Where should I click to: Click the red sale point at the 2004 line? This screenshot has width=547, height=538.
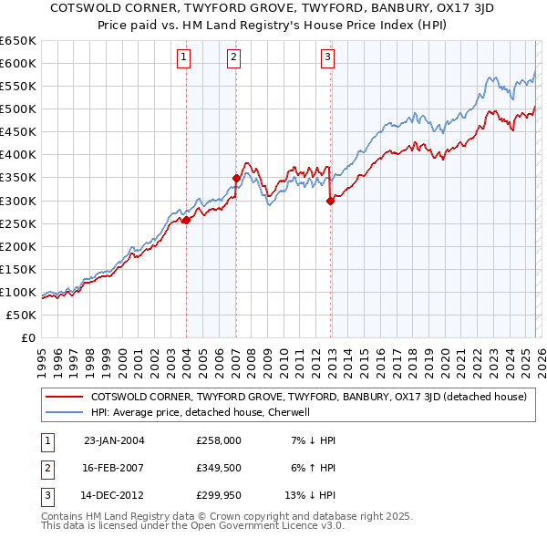pyautogui.click(x=186, y=220)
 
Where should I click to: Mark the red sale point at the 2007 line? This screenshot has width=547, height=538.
pyautogui.click(x=236, y=178)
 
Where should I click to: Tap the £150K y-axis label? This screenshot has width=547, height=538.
pyautogui.click(x=17, y=269)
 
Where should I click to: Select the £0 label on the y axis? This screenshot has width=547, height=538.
pyautogui.click(x=27, y=337)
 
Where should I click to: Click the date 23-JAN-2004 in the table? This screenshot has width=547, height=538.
pyautogui.click(x=114, y=440)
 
